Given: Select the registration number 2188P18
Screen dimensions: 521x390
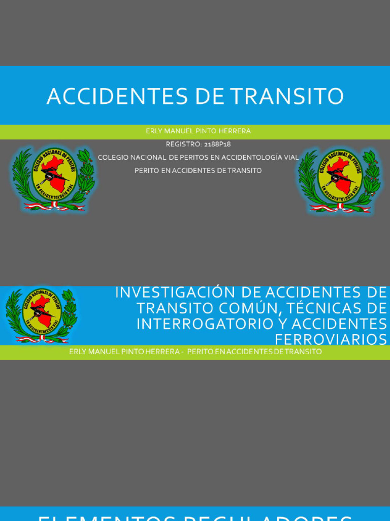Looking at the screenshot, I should (x=217, y=144).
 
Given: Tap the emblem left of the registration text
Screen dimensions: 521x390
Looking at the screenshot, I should (x=53, y=178).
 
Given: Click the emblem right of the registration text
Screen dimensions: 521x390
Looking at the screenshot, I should (x=339, y=180).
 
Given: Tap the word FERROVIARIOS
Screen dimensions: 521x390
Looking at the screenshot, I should (x=331, y=339).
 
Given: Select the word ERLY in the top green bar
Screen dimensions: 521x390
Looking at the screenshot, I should (x=153, y=131).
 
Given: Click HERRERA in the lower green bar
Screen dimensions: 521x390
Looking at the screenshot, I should (x=164, y=352).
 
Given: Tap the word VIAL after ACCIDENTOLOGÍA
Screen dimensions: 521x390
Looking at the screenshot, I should (x=291, y=158).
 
